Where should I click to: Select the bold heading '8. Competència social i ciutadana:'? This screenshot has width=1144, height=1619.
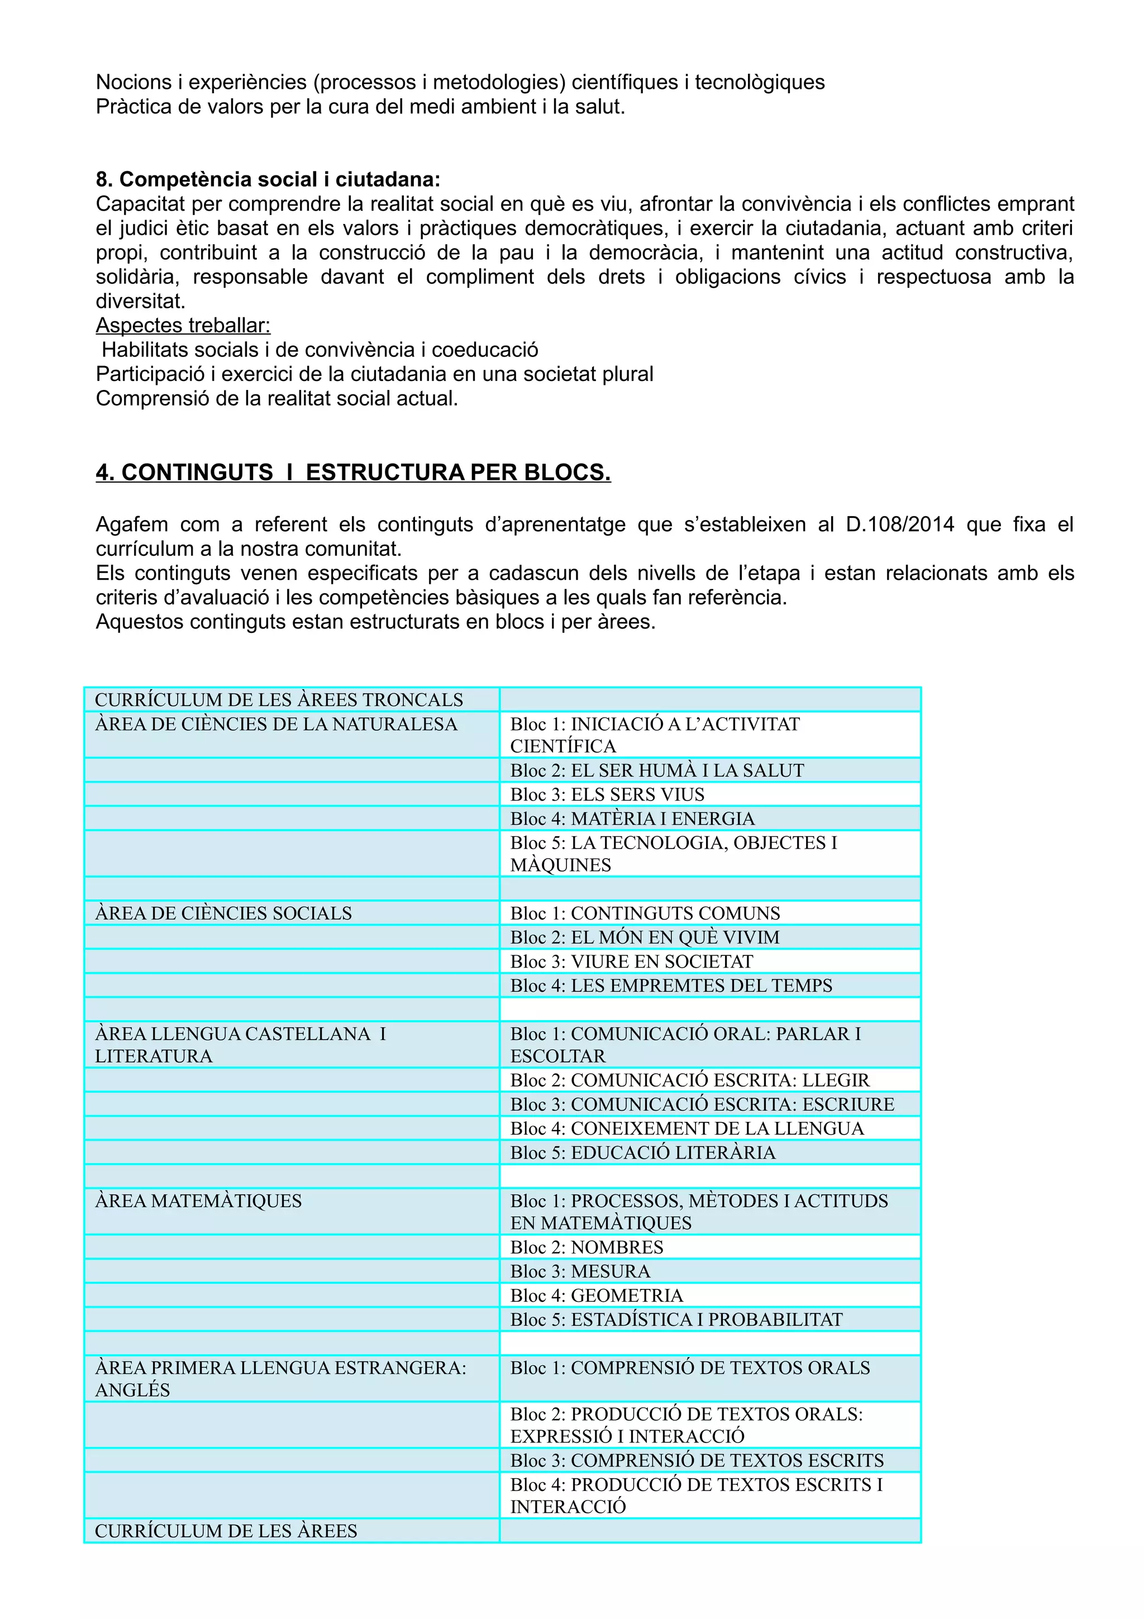268,179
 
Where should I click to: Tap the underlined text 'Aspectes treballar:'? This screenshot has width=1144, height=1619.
183,325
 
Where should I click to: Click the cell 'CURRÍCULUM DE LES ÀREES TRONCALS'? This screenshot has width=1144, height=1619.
279,699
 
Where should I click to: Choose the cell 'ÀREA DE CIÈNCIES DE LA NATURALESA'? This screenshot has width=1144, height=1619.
277,724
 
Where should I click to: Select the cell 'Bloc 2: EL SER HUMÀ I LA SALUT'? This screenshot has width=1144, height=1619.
657,770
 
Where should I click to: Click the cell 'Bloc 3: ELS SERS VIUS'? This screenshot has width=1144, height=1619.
607,794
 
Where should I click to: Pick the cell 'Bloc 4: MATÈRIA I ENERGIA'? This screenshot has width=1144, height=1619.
632,818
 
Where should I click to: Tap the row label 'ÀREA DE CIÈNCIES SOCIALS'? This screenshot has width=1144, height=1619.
223,913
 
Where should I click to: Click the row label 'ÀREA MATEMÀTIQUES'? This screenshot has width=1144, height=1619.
198,1201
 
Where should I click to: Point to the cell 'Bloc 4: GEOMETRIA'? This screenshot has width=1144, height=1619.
597,1296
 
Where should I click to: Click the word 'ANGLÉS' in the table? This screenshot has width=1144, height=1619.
132,1390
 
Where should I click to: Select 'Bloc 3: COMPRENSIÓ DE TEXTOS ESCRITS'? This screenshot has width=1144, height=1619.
697,1460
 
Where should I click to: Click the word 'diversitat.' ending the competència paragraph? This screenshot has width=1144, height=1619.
140,301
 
